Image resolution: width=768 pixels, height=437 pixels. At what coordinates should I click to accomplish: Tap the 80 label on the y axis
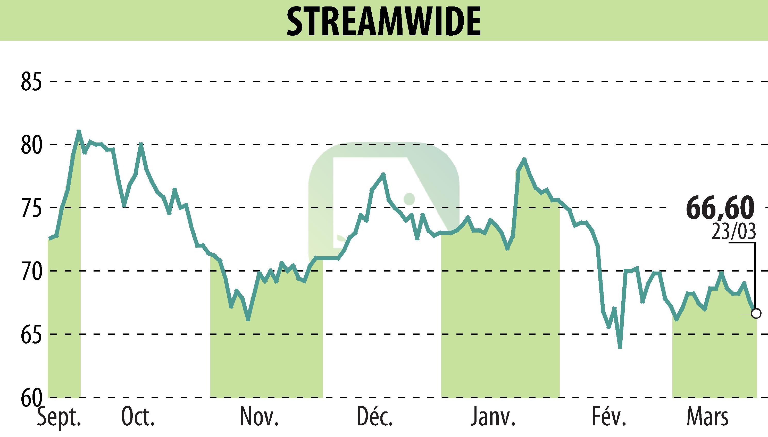(x=31, y=145)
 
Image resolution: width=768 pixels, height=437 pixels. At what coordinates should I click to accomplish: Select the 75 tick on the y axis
(x=31, y=208)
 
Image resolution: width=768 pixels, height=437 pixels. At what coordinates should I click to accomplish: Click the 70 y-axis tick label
(x=31, y=271)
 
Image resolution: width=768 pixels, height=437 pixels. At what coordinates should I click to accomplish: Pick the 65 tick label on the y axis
(x=31, y=334)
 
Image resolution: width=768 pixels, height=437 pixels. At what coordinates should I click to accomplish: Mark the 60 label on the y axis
(x=31, y=397)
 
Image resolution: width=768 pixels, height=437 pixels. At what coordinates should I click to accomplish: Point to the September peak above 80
(x=79, y=131)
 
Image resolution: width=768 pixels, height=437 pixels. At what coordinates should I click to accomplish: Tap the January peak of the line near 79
(x=524, y=159)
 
